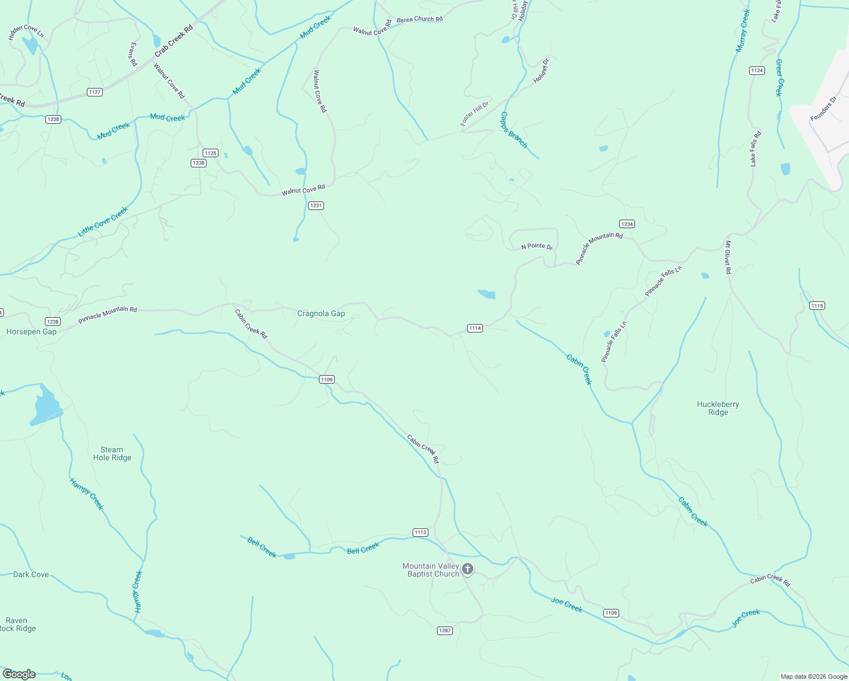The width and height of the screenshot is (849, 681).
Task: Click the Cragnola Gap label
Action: tap(321, 313)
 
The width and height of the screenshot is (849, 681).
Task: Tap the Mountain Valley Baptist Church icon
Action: tap(468, 569)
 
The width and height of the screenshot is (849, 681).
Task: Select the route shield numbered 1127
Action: tap(95, 92)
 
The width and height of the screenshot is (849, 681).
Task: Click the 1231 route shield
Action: tap(316, 205)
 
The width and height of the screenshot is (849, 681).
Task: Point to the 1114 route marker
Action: tap(475, 328)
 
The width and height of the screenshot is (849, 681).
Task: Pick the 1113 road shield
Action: tap(420, 532)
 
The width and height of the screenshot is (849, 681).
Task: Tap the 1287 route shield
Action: tap(445, 630)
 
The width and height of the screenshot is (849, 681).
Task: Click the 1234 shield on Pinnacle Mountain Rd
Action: tap(627, 224)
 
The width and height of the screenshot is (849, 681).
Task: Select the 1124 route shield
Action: tap(756, 70)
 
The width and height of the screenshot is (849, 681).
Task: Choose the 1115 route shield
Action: tap(817, 306)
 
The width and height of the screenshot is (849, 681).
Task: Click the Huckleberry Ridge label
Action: tap(718, 408)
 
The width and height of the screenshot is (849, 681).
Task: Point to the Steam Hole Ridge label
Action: tap(112, 453)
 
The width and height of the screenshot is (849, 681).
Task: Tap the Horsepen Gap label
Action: tap(31, 331)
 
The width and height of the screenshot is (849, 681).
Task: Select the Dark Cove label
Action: tap(31, 574)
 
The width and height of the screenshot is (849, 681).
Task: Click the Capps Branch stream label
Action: tap(514, 130)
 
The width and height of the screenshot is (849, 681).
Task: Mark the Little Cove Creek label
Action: tap(103, 221)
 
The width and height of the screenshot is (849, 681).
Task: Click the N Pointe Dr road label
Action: tap(537, 246)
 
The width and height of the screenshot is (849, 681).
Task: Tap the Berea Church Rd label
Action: tap(419, 19)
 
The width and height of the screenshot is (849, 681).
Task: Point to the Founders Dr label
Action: tap(823, 109)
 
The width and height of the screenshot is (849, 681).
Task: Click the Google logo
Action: tap(19, 674)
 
